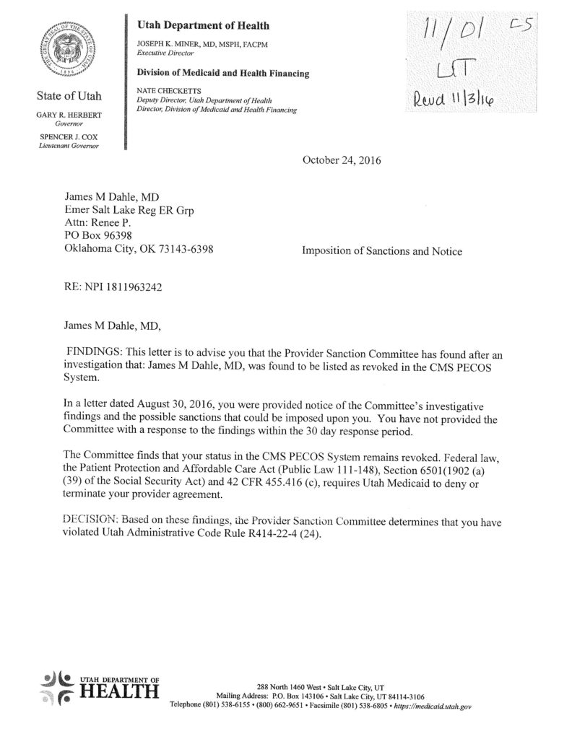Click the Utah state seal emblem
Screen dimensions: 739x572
71,53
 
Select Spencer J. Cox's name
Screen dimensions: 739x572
70,137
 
